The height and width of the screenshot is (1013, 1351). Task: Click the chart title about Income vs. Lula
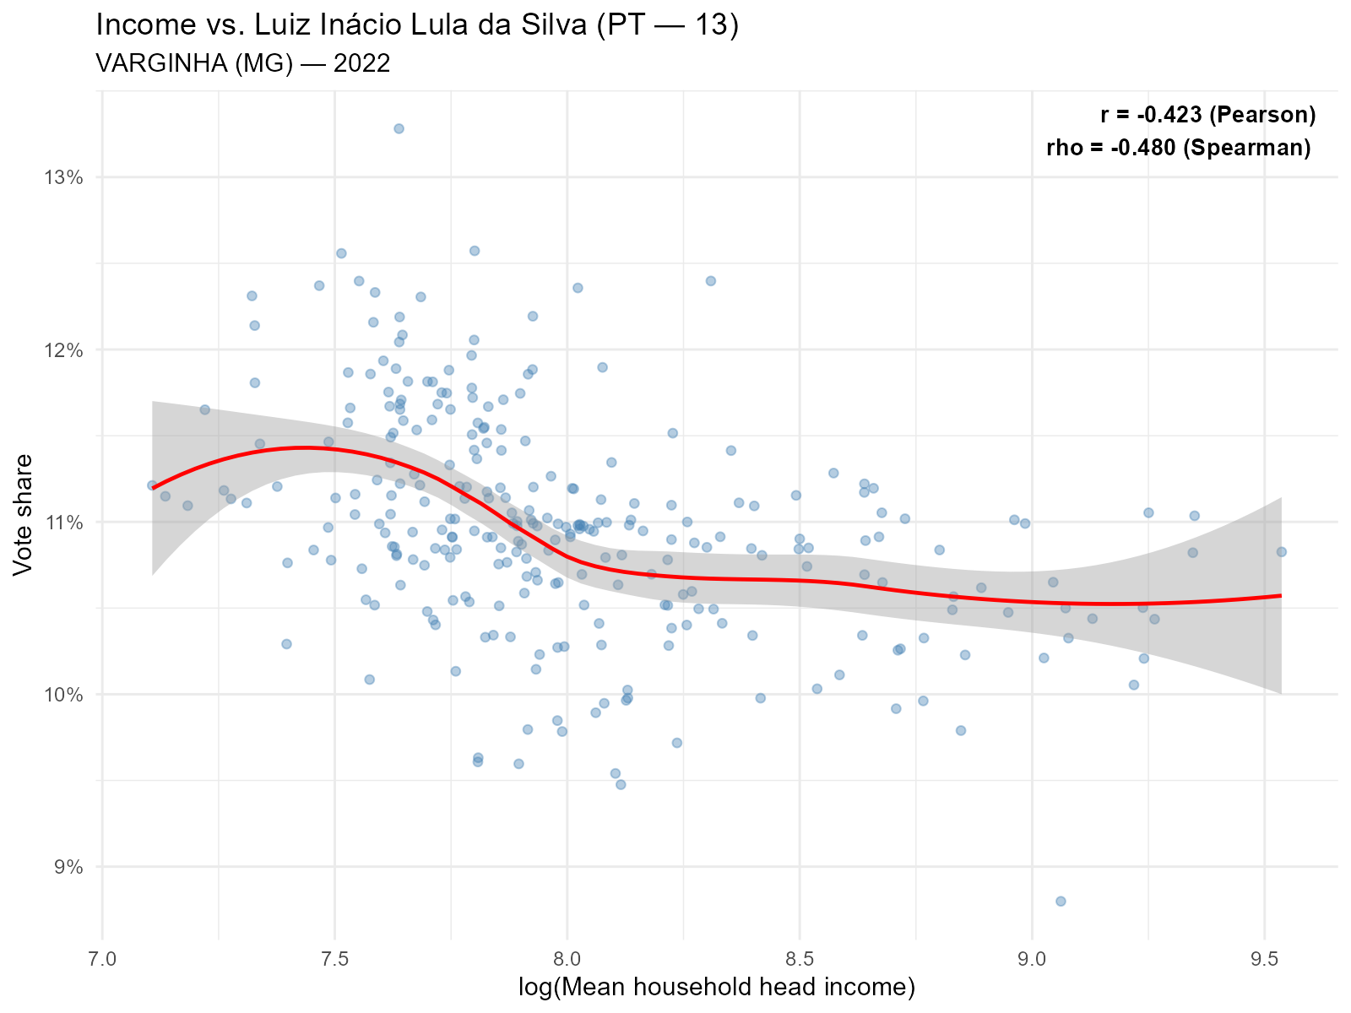(x=417, y=25)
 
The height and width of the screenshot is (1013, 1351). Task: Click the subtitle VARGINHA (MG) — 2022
(x=243, y=63)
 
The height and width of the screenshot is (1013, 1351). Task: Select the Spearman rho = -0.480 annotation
(x=1178, y=148)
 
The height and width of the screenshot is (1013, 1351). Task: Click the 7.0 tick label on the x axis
(x=102, y=961)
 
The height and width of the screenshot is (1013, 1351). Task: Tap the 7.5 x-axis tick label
(x=334, y=961)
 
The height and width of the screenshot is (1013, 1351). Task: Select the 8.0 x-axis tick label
(x=567, y=961)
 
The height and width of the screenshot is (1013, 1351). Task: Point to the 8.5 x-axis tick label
(x=800, y=961)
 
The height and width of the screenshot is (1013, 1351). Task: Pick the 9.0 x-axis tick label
(x=1032, y=961)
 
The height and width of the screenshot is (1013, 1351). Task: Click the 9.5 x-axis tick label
(x=1264, y=961)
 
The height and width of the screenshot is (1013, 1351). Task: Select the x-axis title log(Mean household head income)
(x=717, y=988)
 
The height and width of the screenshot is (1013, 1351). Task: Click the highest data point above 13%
(x=399, y=128)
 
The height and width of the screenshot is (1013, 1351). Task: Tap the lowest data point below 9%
(x=1061, y=901)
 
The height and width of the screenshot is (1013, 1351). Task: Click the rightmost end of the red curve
(x=1281, y=595)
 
